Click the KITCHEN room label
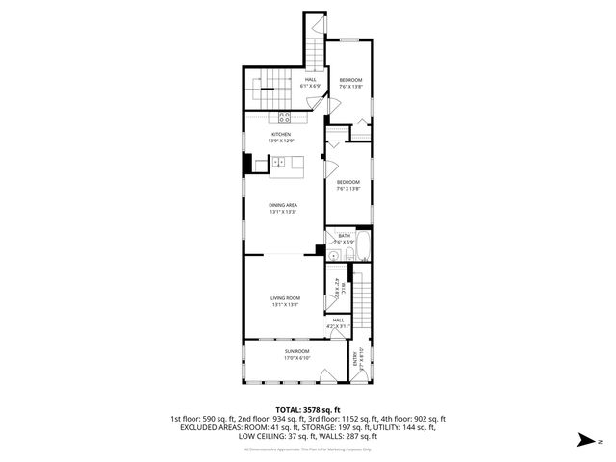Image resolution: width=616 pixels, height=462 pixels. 280,134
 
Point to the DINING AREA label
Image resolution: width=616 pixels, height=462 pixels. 282,205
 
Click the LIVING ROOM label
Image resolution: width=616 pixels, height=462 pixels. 285,298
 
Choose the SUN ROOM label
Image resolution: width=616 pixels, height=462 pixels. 295,351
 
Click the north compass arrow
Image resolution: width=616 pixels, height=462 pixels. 582,440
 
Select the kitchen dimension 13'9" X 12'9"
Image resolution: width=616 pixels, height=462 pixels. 280,141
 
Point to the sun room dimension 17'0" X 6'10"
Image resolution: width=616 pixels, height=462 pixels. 295,358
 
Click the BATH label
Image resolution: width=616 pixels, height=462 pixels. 344,235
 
